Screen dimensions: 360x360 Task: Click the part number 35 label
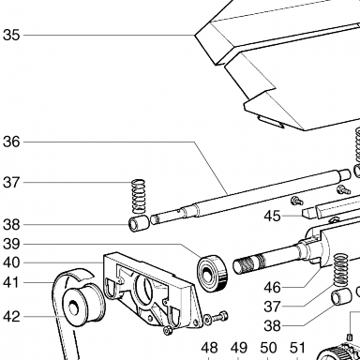[x=11, y=35]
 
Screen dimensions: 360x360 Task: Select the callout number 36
[x=11, y=142]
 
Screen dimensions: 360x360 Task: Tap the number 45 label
[x=272, y=217]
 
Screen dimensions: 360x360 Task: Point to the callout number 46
[x=272, y=288]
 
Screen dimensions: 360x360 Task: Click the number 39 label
[x=11, y=244]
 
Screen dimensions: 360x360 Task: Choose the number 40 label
[x=11, y=262]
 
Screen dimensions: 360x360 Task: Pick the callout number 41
[x=11, y=283]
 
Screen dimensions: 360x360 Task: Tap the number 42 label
[x=11, y=317]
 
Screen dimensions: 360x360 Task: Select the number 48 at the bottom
[x=209, y=348]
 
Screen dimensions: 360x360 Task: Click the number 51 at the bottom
[x=297, y=348]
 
